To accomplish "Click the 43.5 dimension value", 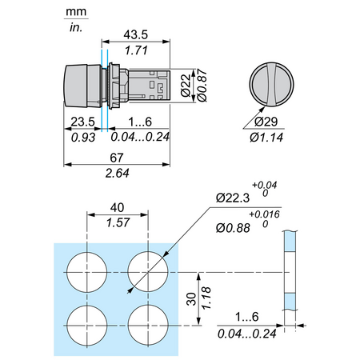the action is coord(136,35).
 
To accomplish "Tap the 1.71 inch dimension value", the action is coord(136,50).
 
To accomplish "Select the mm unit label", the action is coord(76,12).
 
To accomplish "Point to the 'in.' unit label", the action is coord(76,27).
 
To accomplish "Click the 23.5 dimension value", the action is coord(83,122).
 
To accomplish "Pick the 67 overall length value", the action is coord(117,158).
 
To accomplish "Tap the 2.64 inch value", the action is coord(117,174).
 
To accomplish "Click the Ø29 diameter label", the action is coord(266,122).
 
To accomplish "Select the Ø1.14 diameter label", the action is coord(266,138).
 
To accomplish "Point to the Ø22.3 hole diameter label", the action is coord(233,198).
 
